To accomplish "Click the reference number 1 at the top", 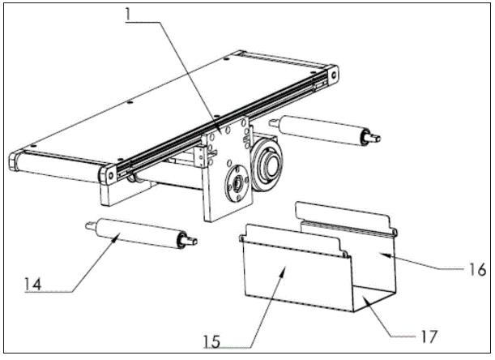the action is tap(128, 15).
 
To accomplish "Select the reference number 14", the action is tap(33, 284).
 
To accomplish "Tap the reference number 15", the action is tap(211, 341).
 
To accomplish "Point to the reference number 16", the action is tap(476, 269).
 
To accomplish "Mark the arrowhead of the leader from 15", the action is tap(284, 270).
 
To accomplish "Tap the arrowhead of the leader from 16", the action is tap(382, 255).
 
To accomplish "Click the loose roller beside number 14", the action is tap(141, 234).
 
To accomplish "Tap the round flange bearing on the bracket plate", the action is tap(236, 183).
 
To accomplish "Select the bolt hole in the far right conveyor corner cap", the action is tap(333, 75).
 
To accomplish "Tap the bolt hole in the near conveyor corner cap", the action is tap(110, 175).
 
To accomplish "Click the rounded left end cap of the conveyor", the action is tap(14, 161).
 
